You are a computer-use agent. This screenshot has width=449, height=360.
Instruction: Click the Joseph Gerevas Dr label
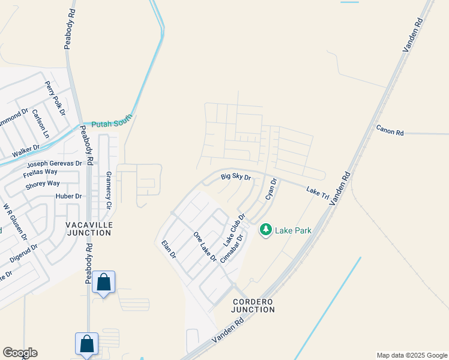(53, 163)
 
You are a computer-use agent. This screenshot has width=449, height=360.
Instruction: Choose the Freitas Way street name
(41, 172)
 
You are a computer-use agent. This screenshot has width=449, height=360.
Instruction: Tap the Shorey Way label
(43, 184)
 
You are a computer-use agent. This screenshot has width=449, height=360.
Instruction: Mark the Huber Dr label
(68, 196)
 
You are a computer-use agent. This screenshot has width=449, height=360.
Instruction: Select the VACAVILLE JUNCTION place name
(89, 228)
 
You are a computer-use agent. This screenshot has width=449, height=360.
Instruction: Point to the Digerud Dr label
(23, 254)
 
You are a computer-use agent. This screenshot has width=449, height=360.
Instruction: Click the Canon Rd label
(390, 130)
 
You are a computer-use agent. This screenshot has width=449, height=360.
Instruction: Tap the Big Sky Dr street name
(235, 177)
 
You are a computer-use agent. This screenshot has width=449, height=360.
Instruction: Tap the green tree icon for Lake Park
(266, 230)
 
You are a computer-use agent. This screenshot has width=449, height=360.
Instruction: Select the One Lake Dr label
(204, 246)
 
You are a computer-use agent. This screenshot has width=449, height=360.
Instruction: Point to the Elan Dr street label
(168, 249)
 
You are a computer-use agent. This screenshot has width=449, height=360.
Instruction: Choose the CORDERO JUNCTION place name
(253, 305)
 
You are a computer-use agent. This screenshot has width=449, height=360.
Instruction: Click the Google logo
(20, 353)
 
